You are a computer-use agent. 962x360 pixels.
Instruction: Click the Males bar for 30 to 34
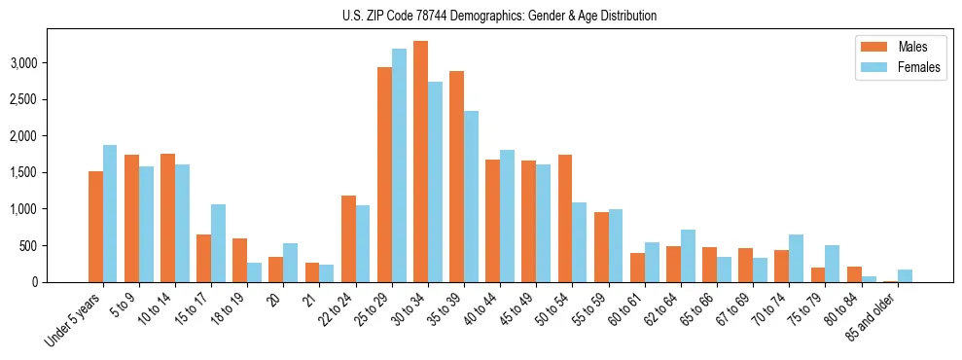tap(420, 162)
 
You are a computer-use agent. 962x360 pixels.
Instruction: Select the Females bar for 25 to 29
tap(399, 165)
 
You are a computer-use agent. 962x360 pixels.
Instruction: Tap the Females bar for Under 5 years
tap(110, 213)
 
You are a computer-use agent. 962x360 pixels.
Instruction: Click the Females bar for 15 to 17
tap(218, 243)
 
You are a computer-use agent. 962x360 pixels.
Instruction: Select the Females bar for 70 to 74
tap(796, 258)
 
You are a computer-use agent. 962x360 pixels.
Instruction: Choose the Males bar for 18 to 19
tap(239, 260)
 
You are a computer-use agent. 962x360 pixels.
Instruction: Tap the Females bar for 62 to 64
tap(688, 256)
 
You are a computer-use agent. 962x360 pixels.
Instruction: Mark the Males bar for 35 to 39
tap(456, 176)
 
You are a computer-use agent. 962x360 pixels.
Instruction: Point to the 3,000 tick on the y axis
tap(52, 63)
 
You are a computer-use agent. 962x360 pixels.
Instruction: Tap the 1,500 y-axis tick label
tap(52, 172)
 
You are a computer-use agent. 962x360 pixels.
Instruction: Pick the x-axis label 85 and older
tap(878, 315)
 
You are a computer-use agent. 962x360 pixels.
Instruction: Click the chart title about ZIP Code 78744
tap(500, 16)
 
